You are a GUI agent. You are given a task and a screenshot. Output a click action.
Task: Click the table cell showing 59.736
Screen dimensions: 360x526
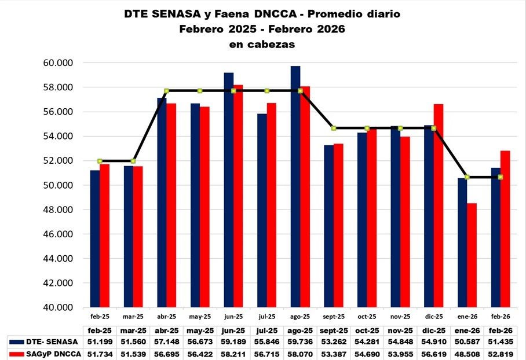coord(300,340)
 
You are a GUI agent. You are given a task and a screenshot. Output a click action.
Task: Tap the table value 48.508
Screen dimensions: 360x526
coord(467,352)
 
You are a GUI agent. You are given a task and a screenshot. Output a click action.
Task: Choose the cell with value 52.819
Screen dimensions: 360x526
coord(501,352)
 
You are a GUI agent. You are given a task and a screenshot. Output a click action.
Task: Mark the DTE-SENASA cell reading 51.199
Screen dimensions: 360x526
coord(100,340)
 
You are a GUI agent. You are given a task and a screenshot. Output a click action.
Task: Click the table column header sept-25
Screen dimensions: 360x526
coord(334,329)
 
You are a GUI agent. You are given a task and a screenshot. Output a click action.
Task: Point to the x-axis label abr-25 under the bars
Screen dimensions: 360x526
coord(166,317)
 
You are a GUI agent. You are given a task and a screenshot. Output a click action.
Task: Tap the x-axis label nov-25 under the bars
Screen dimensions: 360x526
coord(400,317)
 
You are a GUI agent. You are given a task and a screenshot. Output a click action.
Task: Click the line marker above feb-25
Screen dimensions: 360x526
coord(100,161)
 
